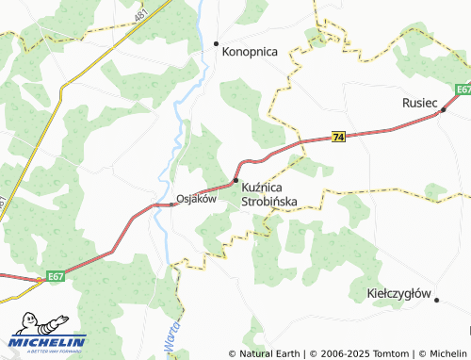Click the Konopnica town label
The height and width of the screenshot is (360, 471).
[250, 53]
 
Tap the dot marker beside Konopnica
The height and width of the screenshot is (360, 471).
[216, 43]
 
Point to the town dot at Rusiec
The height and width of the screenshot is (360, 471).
[443, 109]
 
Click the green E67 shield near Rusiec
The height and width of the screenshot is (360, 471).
[462, 90]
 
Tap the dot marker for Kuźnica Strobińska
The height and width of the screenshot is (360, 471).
[235, 180]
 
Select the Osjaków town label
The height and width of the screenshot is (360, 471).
[197, 199]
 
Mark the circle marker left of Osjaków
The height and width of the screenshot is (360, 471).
[171, 200]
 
